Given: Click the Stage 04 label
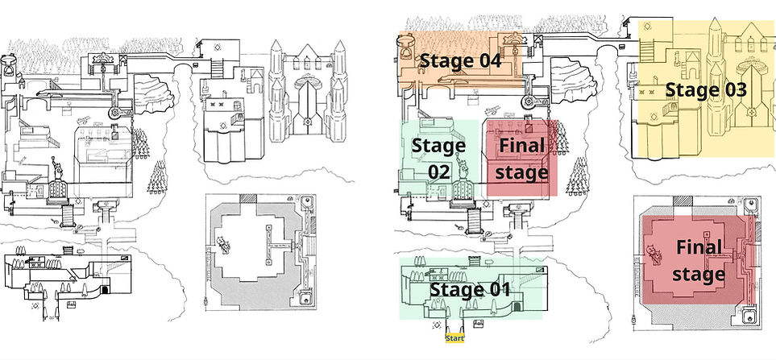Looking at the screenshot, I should (x=460, y=60).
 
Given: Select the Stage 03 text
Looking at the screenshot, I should (x=705, y=90).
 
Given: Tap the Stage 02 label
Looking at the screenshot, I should (x=438, y=157).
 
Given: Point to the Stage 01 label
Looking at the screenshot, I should (x=470, y=289).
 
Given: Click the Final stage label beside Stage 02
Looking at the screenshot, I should (x=522, y=159).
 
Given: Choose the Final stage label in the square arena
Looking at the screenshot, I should (x=698, y=261).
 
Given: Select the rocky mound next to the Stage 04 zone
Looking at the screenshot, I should (x=556, y=89).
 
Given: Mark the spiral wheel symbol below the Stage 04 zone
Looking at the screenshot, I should (x=529, y=101).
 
